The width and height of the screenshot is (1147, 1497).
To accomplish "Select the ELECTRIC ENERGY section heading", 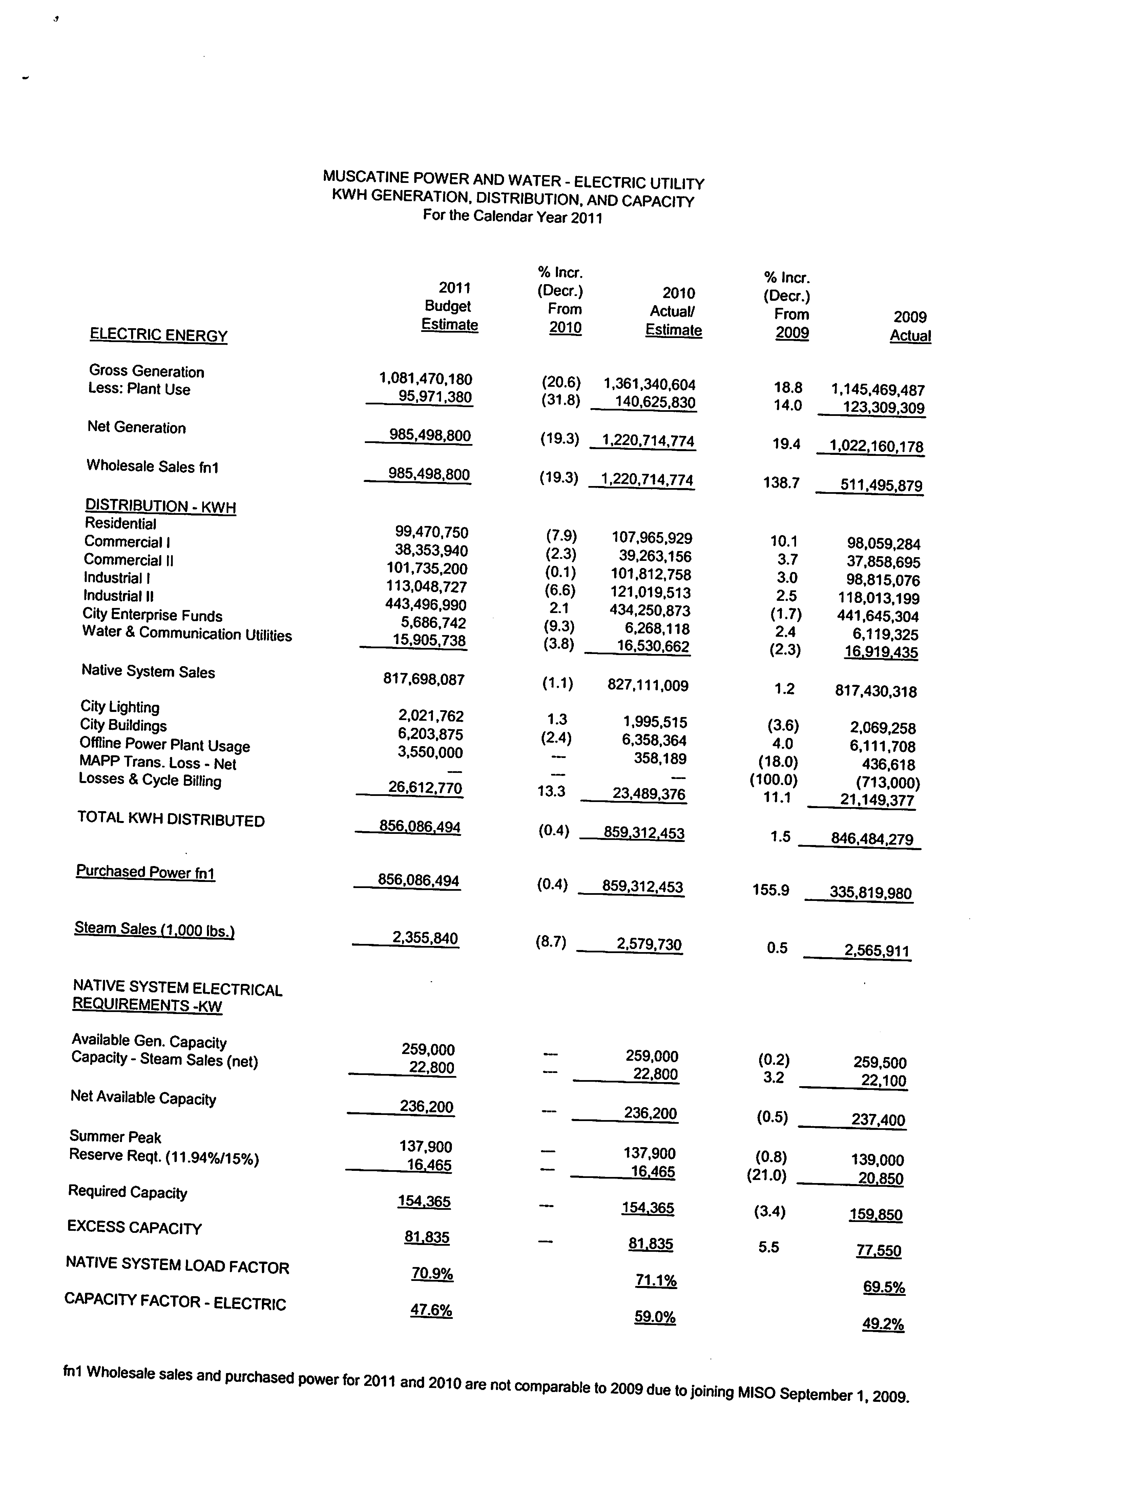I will pyautogui.click(x=159, y=335).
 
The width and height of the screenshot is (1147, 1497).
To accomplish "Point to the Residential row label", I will pyautogui.click(x=120, y=524).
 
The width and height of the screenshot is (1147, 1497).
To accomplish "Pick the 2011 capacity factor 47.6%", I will pyautogui.click(x=431, y=1310).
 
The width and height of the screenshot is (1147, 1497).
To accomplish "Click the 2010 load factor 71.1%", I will pyautogui.click(x=655, y=1281).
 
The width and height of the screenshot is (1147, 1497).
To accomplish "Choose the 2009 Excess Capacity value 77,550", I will pyautogui.click(x=879, y=1250).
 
